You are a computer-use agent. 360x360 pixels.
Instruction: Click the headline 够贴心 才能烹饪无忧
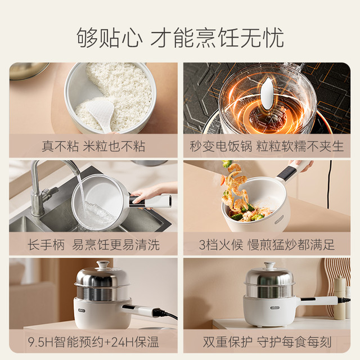[x=180, y=38]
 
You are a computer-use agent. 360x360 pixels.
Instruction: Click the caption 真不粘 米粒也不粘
[x=93, y=146]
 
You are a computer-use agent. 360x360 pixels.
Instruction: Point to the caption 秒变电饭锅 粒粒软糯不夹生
[x=267, y=146]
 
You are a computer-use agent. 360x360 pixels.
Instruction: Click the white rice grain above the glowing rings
[x=267, y=93]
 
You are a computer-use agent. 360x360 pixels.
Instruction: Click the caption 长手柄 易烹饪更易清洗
[x=93, y=245]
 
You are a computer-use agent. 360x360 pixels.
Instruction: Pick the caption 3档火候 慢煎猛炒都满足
[x=267, y=245]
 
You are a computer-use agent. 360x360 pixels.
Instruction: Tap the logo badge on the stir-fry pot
[x=279, y=219]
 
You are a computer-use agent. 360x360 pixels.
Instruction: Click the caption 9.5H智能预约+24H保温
[x=93, y=342]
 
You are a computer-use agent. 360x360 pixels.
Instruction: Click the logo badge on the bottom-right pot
[x=274, y=308]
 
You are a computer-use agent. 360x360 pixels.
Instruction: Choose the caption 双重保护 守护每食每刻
[x=267, y=342]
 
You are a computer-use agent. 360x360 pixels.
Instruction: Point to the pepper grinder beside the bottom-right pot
[x=339, y=298]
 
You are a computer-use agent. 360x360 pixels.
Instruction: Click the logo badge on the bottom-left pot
[x=82, y=310]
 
